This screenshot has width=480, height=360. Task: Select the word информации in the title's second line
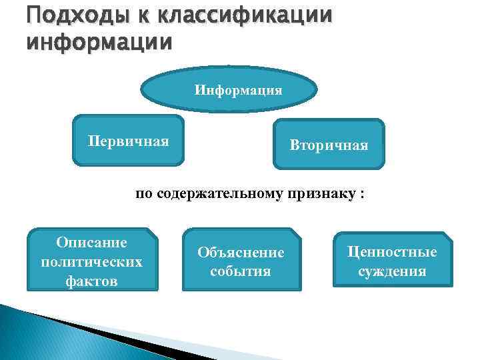point(99,41)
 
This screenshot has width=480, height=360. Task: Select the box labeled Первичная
point(129,141)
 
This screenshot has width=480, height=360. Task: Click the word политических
point(92,261)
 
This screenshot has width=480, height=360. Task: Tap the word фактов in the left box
point(92,281)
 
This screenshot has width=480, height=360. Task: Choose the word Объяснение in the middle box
point(241,253)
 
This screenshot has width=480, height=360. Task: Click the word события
point(241,271)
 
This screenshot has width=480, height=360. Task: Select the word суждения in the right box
point(392,271)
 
